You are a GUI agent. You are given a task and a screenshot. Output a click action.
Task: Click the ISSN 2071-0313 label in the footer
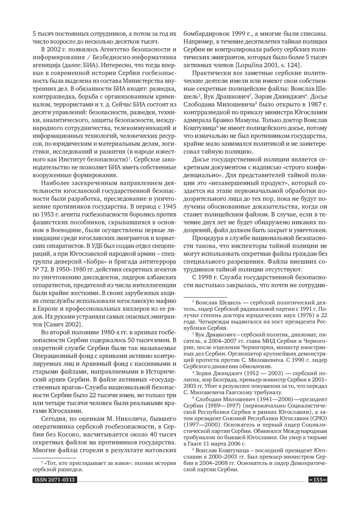54,480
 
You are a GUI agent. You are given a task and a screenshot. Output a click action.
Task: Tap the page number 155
317,480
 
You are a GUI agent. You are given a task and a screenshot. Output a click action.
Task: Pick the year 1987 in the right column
310,105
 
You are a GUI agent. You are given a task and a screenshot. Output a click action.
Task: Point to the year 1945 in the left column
167,207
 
